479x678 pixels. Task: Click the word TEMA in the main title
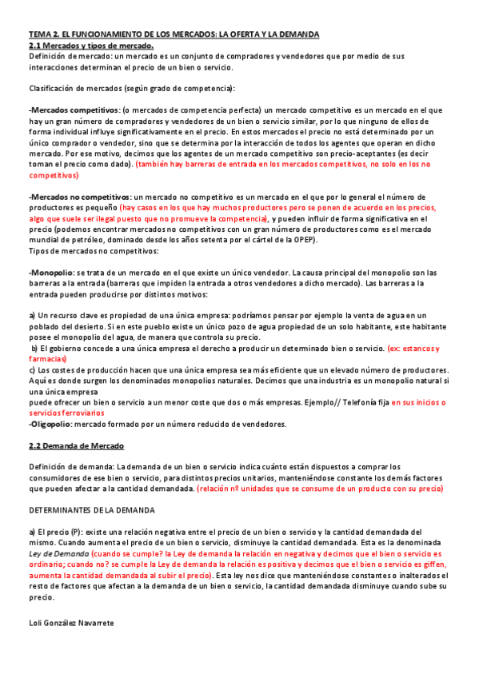point(39,34)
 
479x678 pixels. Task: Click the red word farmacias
point(47,359)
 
